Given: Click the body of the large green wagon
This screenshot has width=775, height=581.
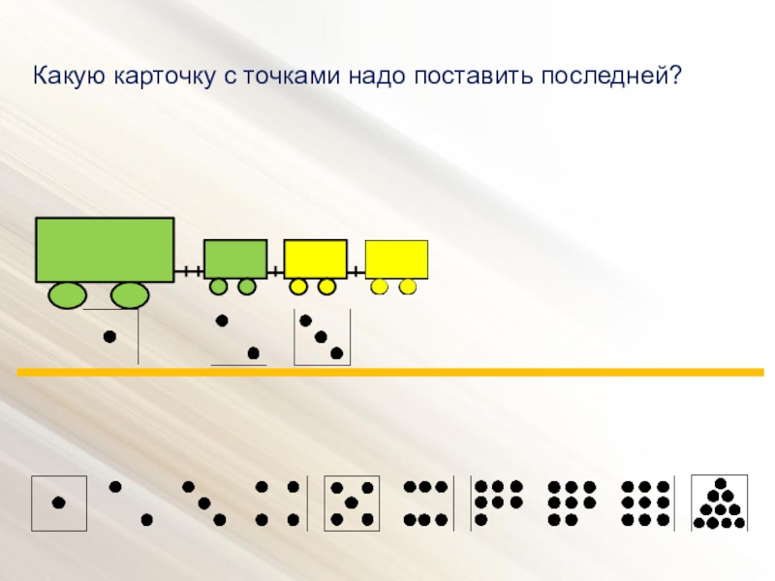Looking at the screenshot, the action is click(x=105, y=250).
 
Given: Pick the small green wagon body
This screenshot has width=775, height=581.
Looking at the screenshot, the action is click(x=235, y=259).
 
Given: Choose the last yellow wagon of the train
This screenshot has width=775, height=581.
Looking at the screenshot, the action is click(x=396, y=259).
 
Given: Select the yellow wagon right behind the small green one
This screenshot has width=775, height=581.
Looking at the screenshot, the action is click(x=315, y=259).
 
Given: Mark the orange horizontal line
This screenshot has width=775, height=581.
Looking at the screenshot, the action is click(x=387, y=372).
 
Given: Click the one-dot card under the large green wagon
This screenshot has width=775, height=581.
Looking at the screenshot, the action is click(x=110, y=336).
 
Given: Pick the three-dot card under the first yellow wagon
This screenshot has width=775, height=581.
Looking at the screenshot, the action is click(x=322, y=337).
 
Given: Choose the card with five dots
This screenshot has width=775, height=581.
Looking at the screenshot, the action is click(x=350, y=503).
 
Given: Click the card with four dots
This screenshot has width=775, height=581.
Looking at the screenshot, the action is click(x=276, y=503).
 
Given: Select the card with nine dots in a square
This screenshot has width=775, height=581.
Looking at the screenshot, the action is click(x=645, y=503).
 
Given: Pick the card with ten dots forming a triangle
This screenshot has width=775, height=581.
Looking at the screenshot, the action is click(x=719, y=503).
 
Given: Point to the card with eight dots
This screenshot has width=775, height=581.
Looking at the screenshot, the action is click(x=572, y=503).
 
